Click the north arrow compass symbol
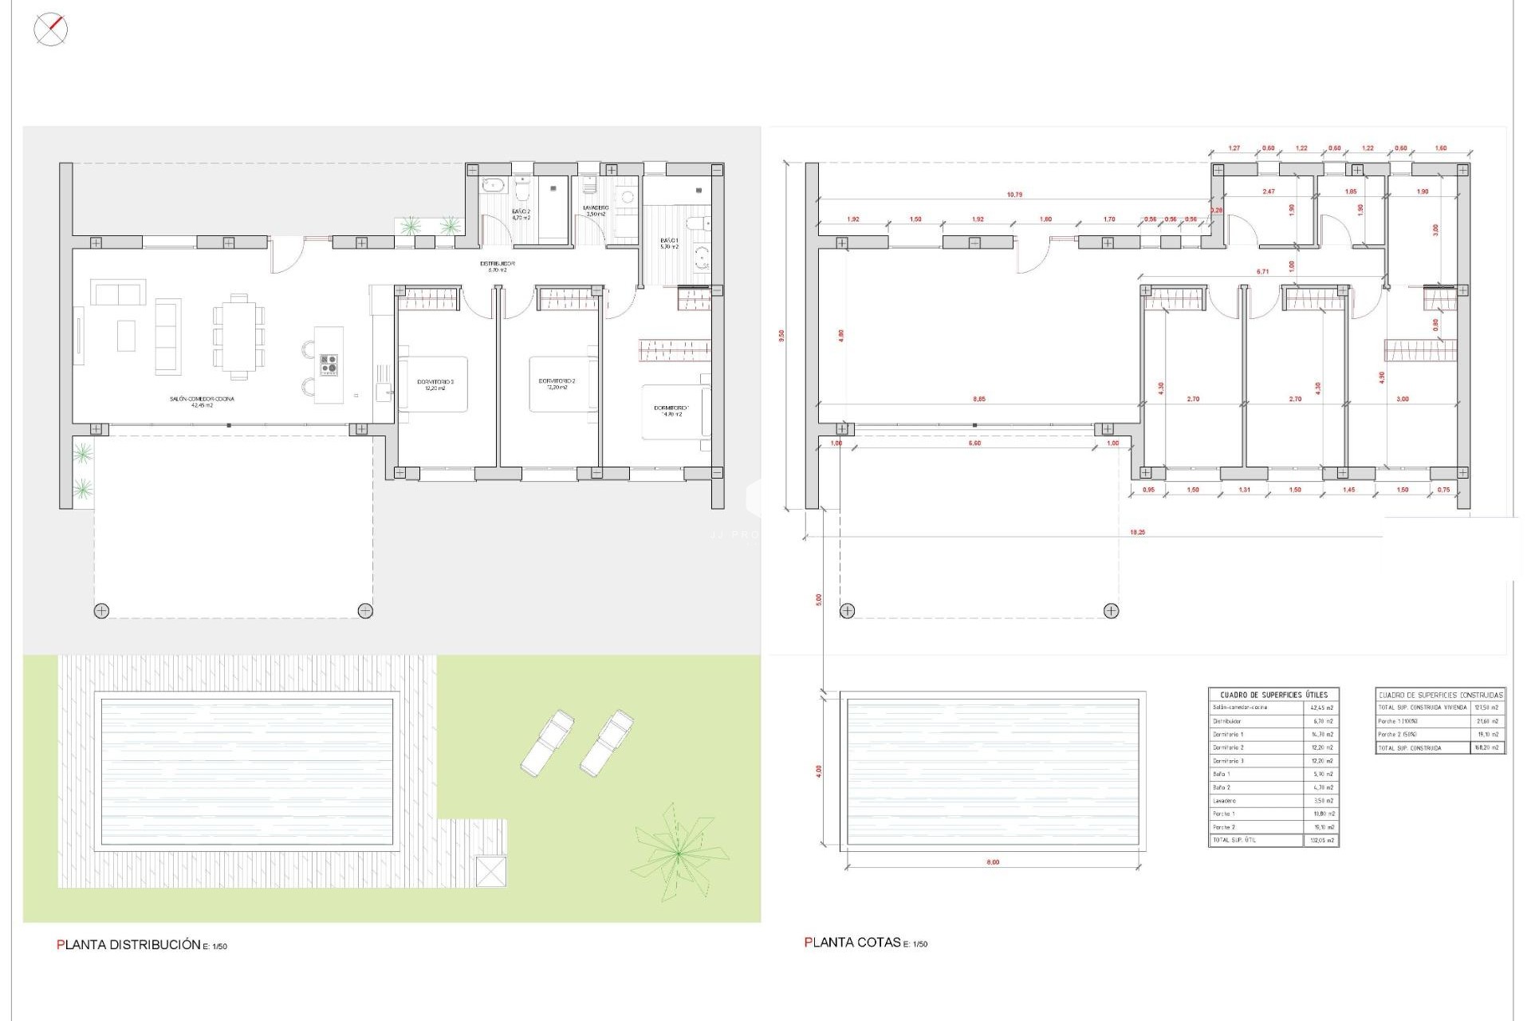(x=51, y=30)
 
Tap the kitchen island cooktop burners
(x=329, y=365)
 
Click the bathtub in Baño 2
(x=493, y=185)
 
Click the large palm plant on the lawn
(x=678, y=853)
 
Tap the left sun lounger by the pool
(x=547, y=742)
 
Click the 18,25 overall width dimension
(x=1137, y=532)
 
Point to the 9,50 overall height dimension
(x=781, y=336)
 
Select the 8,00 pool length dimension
(x=993, y=862)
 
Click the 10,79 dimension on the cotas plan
(x=1014, y=195)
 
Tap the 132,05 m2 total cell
(x=1321, y=841)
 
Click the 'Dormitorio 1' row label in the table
(x=1228, y=734)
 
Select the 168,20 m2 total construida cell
(x=1487, y=748)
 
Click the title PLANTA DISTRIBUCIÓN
(x=128, y=945)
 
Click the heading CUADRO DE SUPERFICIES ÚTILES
(x=1273, y=695)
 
